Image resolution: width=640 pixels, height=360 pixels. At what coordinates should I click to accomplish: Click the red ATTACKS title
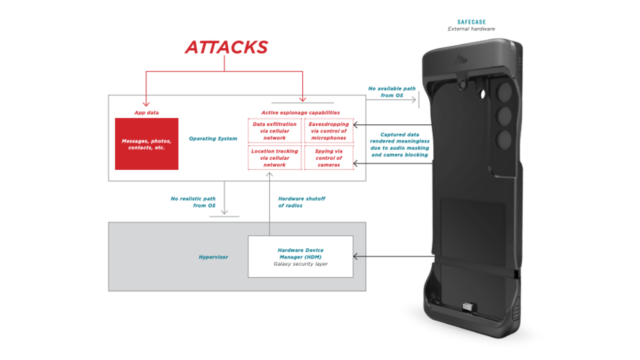[226, 47]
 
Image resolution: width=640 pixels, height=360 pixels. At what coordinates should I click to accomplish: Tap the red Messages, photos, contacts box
[147, 144]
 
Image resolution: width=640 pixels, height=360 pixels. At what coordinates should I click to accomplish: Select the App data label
[146, 113]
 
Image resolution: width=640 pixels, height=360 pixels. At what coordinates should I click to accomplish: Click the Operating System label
[213, 138]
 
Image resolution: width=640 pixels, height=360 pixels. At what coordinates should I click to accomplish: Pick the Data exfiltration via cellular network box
[275, 131]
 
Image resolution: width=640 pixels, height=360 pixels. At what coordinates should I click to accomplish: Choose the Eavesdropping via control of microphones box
[329, 131]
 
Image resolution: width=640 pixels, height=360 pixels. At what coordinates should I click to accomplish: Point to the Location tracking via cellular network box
[275, 158]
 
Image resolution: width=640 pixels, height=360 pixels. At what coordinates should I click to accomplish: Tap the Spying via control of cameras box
[329, 158]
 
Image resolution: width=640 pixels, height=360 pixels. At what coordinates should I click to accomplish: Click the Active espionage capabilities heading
[300, 113]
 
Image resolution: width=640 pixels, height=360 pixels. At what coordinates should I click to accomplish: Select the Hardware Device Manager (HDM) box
[300, 257]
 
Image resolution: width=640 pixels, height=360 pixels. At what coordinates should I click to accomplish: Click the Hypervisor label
[213, 257]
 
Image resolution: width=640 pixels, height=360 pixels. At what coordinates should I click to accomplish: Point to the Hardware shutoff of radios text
[301, 202]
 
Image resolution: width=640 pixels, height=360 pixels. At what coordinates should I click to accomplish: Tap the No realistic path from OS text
[193, 202]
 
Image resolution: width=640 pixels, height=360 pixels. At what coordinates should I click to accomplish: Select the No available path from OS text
[392, 92]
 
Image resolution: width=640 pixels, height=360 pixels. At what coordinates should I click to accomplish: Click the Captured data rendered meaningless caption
[400, 145]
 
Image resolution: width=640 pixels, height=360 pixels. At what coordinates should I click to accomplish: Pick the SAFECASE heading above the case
[471, 22]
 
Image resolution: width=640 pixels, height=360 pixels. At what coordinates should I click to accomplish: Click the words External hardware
[471, 29]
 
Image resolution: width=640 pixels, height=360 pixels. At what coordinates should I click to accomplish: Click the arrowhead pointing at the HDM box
[355, 257]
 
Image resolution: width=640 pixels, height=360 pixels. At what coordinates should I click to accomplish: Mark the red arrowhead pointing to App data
[146, 104]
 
